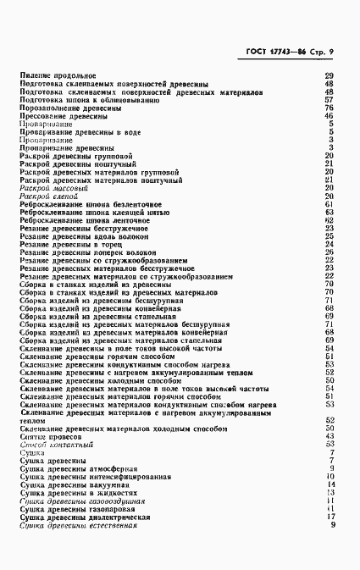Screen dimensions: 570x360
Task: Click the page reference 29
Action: point(330,77)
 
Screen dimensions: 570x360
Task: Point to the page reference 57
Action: point(330,101)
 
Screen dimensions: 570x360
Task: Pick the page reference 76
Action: point(330,109)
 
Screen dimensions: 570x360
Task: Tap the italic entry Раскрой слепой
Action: point(49,196)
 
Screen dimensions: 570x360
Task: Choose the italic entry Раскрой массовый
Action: point(53,189)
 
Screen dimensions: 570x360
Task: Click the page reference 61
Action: point(330,205)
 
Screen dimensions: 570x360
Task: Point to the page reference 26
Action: point(330,252)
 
